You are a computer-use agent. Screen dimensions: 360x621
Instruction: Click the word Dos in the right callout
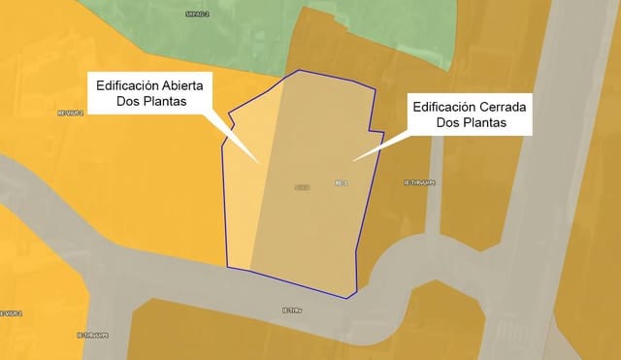(x=448, y=123)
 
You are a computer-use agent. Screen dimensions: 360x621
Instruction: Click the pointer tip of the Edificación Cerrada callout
(x=352, y=160)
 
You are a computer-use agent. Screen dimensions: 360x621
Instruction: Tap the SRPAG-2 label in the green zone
(x=197, y=15)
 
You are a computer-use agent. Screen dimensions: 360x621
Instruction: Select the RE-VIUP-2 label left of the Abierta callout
(x=72, y=113)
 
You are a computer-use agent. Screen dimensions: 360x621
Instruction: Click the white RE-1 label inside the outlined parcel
(x=341, y=181)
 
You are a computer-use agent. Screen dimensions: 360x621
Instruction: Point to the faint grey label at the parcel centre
(x=302, y=186)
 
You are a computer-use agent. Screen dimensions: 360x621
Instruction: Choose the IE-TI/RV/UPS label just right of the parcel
(x=419, y=182)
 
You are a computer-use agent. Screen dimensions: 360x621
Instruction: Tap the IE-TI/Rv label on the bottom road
(x=292, y=311)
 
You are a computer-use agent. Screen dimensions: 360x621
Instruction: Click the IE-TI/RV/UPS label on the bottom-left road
(x=93, y=335)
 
